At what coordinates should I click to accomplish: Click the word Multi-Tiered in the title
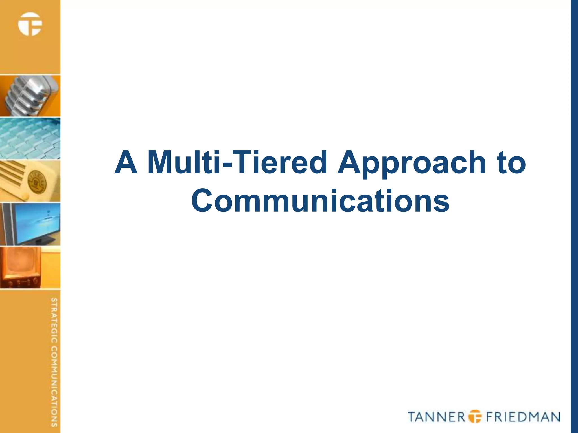(x=237, y=162)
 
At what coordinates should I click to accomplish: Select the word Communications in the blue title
(x=320, y=201)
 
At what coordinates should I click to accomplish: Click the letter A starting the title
(x=126, y=162)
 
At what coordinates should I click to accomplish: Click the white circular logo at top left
(x=30, y=24)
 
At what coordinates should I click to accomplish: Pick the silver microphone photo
(x=30, y=96)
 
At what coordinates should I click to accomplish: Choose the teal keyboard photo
(x=30, y=139)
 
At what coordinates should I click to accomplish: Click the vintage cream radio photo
(x=30, y=181)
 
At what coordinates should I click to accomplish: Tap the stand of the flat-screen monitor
(x=42, y=241)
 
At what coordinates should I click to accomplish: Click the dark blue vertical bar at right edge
(x=574, y=216)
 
